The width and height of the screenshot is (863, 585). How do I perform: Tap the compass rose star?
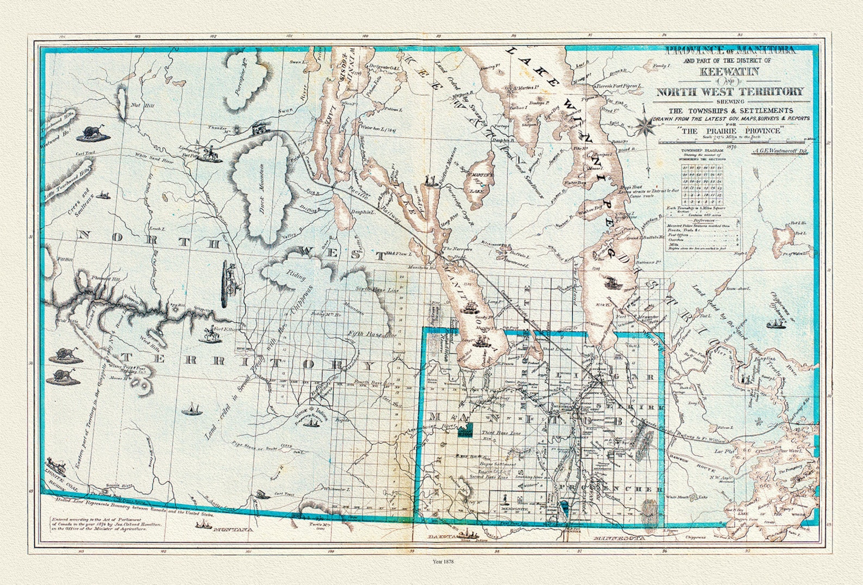pyautogui.click(x=645, y=125)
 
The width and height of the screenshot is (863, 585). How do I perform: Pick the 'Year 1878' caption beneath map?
pyautogui.click(x=443, y=561)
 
